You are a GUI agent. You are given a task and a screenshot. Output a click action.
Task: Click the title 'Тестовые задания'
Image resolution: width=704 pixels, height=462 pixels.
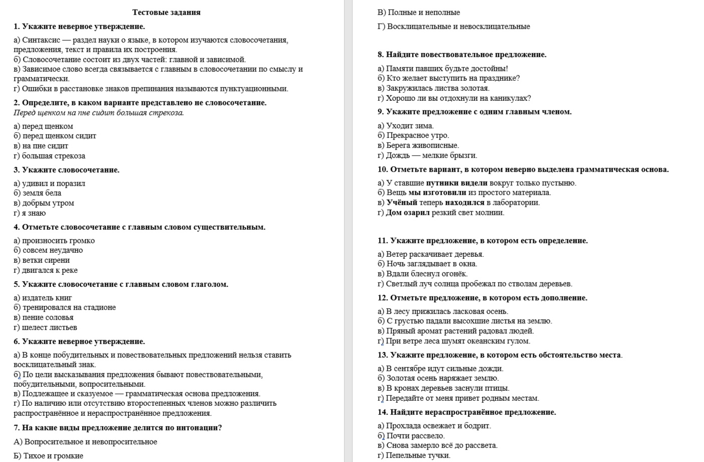166,13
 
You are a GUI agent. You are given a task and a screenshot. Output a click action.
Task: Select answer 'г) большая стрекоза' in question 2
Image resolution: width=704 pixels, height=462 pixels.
49,156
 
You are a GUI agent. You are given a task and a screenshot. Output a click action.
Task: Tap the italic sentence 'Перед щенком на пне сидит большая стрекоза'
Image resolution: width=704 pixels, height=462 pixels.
99,113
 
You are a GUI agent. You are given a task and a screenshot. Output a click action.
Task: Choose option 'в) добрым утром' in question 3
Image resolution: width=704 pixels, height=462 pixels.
44,203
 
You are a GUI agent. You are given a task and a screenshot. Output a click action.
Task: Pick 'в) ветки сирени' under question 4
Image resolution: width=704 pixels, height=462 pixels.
42,260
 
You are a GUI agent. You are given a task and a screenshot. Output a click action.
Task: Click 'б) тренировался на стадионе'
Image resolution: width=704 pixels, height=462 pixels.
65,307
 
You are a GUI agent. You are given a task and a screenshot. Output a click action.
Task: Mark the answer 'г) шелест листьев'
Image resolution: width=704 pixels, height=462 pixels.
45,328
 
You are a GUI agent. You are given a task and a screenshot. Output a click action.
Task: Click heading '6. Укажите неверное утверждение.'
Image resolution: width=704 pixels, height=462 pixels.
79,342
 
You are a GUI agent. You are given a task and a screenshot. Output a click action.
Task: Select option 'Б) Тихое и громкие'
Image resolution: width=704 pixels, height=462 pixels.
48,456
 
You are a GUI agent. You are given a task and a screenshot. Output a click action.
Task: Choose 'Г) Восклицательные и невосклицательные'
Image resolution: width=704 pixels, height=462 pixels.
453,27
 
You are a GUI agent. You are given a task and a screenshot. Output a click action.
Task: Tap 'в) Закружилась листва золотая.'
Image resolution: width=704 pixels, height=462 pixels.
433,88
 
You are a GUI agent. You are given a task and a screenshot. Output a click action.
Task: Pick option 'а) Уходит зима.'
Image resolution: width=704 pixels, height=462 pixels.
405,126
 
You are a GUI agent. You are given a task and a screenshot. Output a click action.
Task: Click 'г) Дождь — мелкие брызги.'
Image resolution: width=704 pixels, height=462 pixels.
427,156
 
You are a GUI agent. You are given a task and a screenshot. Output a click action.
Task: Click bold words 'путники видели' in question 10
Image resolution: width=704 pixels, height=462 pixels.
456,183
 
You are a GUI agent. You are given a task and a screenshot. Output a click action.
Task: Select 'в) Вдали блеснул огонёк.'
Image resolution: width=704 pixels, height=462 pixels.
422,274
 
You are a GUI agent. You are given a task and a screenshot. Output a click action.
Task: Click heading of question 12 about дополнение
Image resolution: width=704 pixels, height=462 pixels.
482,298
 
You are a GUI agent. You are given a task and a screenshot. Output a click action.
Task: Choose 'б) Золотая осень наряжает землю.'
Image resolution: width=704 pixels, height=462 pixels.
438,378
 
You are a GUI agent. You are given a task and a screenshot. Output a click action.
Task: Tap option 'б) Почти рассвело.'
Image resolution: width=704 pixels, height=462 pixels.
411,436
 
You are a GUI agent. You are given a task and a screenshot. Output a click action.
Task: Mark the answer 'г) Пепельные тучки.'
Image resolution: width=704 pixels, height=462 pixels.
414,455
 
